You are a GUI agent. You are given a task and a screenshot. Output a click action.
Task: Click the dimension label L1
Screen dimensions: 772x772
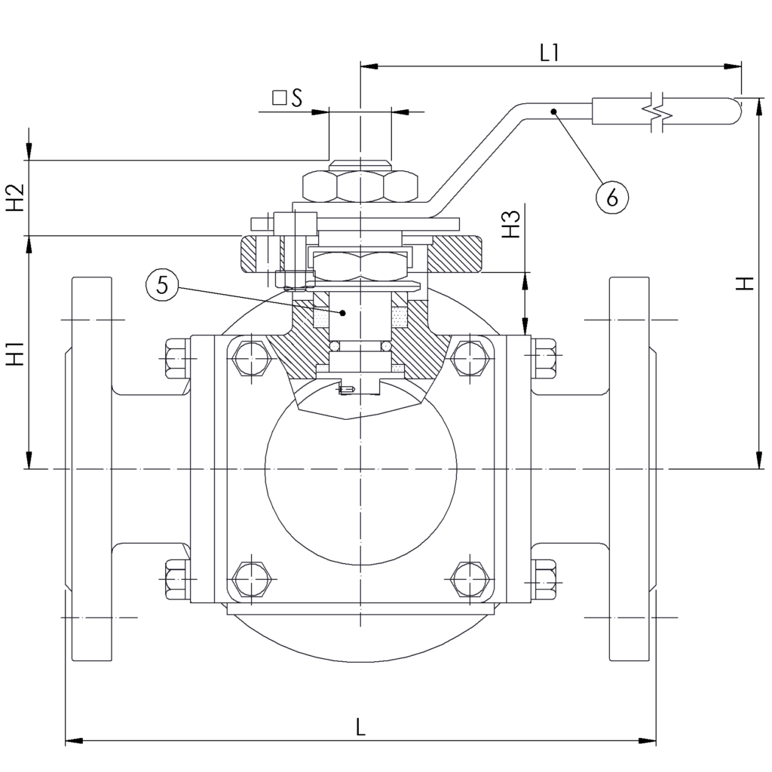[x=548, y=52]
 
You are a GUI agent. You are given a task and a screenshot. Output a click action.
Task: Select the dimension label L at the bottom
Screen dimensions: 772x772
[x=360, y=727]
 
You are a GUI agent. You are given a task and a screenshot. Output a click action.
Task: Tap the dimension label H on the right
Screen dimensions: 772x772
[x=745, y=283]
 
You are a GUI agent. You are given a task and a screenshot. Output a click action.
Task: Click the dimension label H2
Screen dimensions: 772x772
[x=16, y=198]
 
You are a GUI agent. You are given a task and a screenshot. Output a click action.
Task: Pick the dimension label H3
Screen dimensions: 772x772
[x=512, y=224]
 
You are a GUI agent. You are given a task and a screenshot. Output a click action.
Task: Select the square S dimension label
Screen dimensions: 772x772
[x=287, y=97]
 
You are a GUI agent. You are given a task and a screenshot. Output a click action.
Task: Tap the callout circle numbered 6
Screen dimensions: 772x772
[x=611, y=196]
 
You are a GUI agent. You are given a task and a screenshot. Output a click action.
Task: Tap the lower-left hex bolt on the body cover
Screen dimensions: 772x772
[x=249, y=578]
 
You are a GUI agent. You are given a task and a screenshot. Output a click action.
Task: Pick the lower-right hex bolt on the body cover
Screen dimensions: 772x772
[x=470, y=578]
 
